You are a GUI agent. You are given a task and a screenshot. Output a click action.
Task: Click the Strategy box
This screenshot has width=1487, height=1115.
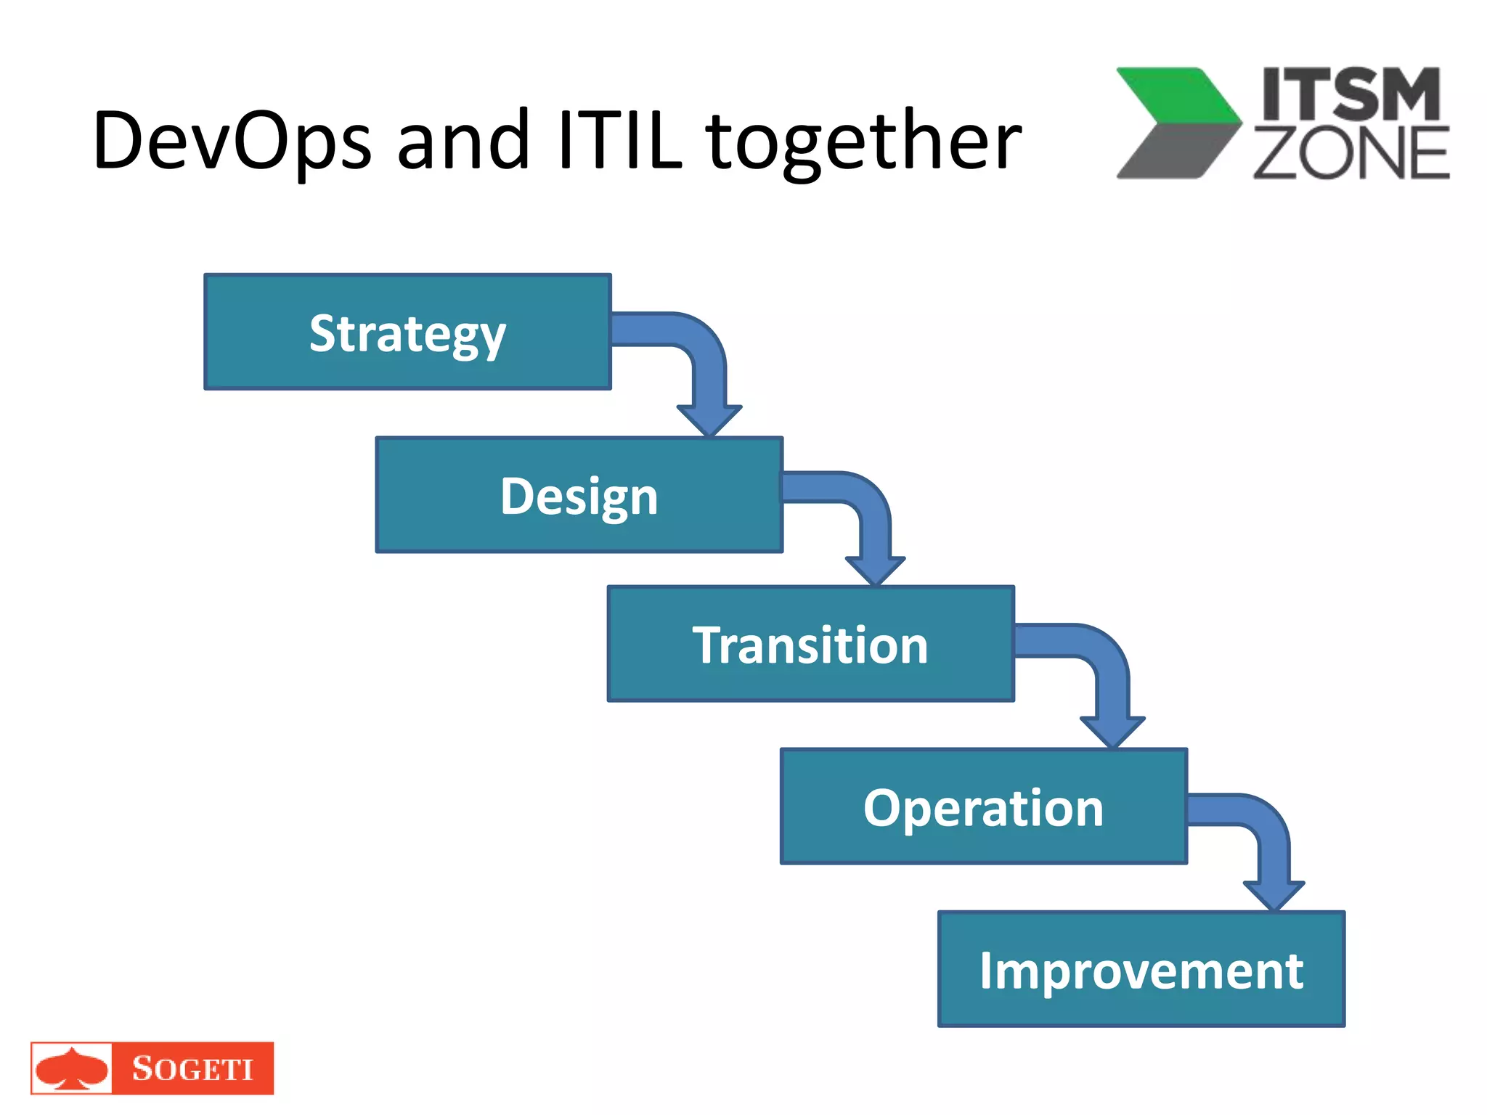point(407,332)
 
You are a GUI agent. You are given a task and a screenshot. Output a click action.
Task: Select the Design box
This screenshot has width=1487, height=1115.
point(579,495)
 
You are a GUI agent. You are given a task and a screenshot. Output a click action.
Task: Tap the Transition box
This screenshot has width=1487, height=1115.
point(810,644)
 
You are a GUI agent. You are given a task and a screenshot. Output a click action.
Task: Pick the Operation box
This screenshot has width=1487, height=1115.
point(983,806)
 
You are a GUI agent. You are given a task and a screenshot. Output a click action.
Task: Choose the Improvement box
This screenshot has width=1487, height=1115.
point(1141,969)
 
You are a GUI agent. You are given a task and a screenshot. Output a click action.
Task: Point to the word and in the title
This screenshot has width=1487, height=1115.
point(463,140)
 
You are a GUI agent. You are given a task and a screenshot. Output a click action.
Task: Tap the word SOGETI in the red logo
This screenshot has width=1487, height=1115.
point(192,1069)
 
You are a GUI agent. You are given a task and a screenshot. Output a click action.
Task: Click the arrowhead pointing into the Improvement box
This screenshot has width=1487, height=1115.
point(1274,895)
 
